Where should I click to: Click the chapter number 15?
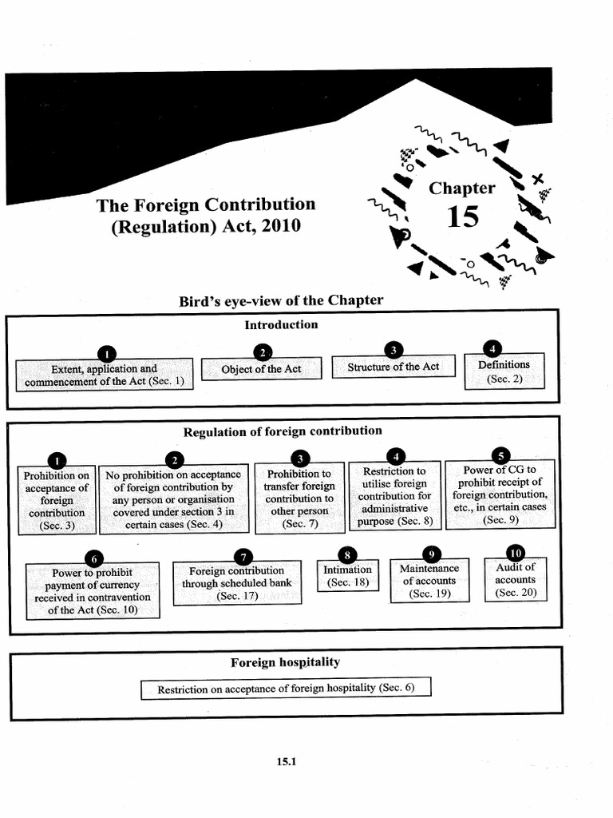463,216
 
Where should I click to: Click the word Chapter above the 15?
462,189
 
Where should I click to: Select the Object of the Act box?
261,369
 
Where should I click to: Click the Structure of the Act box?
393,367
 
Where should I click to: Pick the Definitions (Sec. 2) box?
504,371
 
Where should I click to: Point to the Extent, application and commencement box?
105,375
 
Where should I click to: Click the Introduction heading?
281,324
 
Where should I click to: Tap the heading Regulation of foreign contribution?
283,431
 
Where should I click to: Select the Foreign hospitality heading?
285,662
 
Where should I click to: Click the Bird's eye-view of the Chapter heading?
281,300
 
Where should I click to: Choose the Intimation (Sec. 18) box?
347,576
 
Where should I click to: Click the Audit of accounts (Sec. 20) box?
515,580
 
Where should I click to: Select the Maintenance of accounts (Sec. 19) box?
429,582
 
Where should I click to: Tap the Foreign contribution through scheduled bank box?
236,583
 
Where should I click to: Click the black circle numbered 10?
515,553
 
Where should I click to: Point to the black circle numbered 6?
93,558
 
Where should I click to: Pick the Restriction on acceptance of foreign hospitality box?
286,689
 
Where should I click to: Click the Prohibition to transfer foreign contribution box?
299,499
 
